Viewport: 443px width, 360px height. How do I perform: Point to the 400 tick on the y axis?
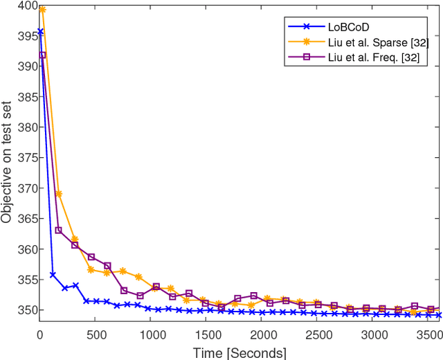coord(24,6)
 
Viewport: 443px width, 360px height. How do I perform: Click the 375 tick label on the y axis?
coord(24,158)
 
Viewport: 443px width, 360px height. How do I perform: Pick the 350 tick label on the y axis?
coord(24,310)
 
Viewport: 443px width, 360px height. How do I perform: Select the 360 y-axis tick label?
coord(24,249)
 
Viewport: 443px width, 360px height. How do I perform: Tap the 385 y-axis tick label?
coord(24,97)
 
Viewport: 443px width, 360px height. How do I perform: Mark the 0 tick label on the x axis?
coord(39,334)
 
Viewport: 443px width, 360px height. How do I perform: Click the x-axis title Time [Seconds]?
coord(239,352)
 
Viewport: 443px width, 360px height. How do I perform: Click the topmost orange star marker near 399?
coord(42,10)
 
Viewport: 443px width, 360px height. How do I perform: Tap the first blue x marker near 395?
coord(39,32)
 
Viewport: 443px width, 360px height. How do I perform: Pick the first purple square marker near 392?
coord(42,55)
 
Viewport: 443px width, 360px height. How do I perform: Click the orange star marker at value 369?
coord(59,194)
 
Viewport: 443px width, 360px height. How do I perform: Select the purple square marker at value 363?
coord(59,230)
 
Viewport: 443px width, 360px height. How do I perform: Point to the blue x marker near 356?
coord(53,275)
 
